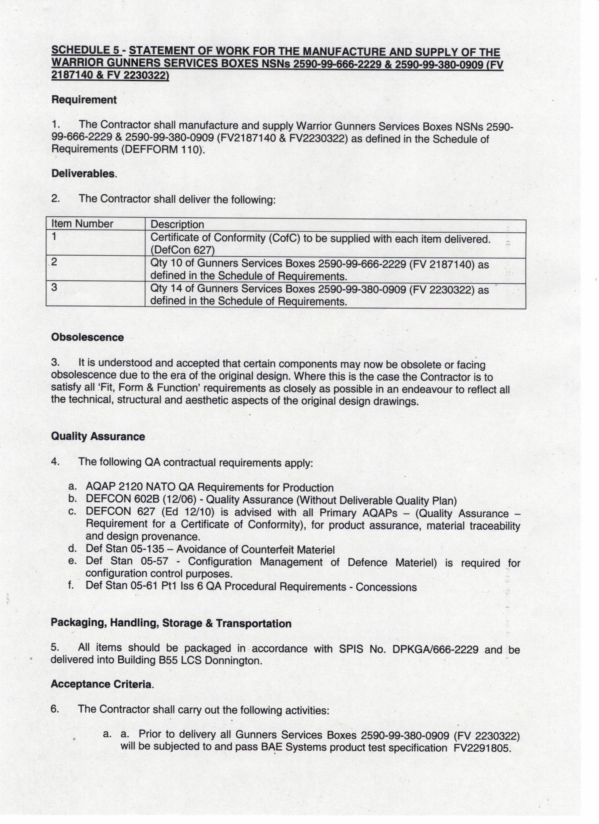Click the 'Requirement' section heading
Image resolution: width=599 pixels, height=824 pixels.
pos(84,100)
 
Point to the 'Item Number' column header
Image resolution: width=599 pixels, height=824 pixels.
pos(82,224)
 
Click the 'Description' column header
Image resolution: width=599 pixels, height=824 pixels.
pos(177,225)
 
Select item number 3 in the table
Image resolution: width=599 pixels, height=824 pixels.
pos(54,287)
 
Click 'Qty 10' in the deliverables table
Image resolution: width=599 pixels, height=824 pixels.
pos(166,264)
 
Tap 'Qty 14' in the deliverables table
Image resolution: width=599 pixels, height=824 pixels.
pos(166,289)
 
